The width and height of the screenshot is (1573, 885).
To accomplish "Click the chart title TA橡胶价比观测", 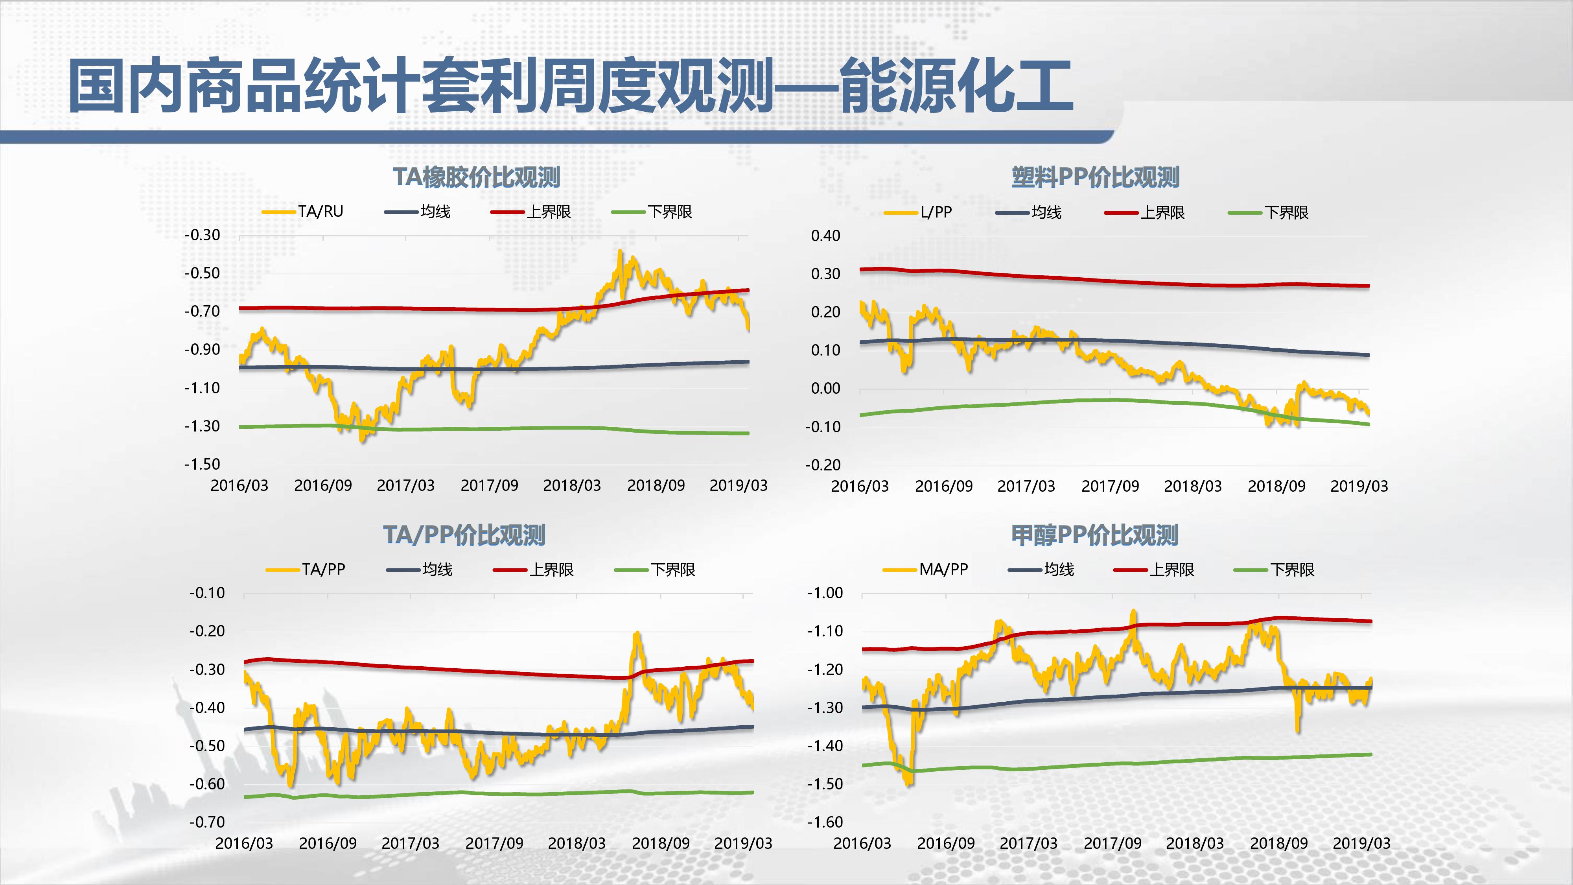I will click(476, 177).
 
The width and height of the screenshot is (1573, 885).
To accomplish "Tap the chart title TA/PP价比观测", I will click(464, 535).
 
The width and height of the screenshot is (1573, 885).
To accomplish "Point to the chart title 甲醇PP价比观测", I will click(1095, 535).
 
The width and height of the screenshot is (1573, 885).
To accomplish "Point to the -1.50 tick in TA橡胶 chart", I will click(202, 464).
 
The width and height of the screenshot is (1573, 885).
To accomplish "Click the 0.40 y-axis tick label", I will click(825, 236).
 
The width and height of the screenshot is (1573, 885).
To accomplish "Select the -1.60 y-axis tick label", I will click(825, 822).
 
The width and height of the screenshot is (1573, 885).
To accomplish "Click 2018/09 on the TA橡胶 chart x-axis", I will click(656, 485).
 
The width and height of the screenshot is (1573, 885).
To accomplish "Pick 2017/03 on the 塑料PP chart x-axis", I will click(1026, 486).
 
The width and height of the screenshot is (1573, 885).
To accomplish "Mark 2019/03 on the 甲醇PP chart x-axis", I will click(1361, 843).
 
